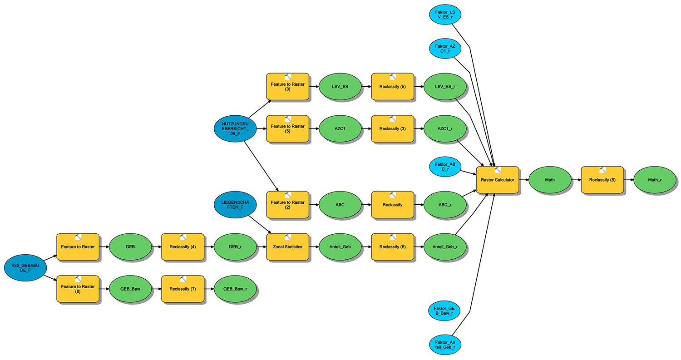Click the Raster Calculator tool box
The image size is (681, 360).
point(497,180)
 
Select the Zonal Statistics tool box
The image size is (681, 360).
point(287,247)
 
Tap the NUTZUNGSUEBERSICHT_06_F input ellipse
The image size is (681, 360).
point(235,128)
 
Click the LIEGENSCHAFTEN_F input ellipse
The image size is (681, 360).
point(235,205)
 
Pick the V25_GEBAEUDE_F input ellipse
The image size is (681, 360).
point(25,266)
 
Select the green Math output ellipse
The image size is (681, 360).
point(550,180)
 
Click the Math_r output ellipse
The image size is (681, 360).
point(655,180)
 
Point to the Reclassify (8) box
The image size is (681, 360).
point(602,180)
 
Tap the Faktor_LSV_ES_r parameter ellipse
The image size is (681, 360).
point(445,14)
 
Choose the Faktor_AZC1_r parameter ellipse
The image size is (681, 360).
point(445,49)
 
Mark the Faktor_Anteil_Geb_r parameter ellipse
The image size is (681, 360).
point(445,345)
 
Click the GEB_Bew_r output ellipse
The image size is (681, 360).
point(235,289)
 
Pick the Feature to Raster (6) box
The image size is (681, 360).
point(78,289)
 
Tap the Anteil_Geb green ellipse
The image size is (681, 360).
point(340,247)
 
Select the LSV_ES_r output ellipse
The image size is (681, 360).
point(445,87)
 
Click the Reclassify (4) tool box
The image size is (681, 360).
point(183,247)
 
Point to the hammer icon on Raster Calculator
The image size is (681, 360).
point(498,170)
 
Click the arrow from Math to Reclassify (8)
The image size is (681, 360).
point(576,180)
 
